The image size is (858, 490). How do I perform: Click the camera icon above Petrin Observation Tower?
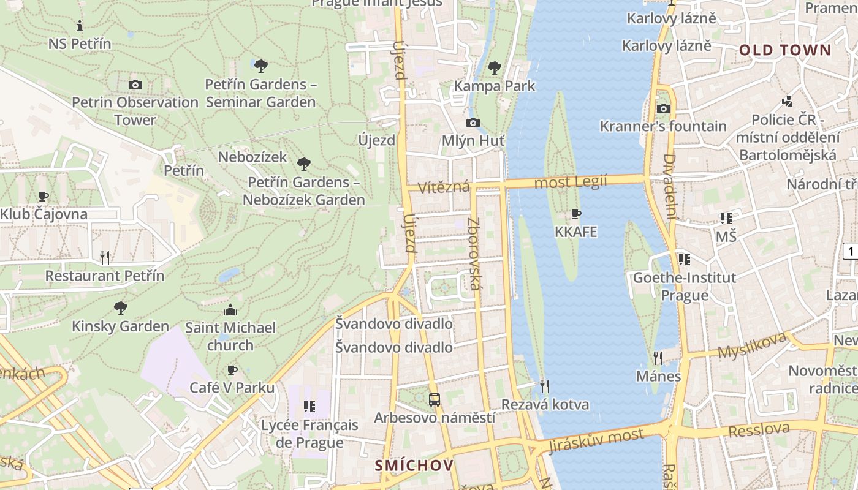tap(135, 85)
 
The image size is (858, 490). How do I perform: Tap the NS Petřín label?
tap(80, 44)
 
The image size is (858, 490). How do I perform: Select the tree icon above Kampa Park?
tap(495, 67)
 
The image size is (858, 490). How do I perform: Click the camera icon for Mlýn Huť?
tap(473, 123)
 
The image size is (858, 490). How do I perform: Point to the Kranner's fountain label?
tap(663, 126)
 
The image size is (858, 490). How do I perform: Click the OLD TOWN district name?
tap(784, 50)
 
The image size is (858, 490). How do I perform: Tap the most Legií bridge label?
tap(570, 182)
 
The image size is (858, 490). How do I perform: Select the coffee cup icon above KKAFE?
tap(575, 214)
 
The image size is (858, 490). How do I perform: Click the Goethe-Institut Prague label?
tap(684, 286)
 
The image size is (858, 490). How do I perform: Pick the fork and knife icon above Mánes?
tap(658, 357)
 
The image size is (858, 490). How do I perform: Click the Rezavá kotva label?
tap(545, 404)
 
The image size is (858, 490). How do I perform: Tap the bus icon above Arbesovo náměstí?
tap(435, 400)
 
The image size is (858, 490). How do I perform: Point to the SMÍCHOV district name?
tap(414, 465)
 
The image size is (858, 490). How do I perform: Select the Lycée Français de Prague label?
tap(309, 433)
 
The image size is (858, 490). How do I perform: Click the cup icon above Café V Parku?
tap(232, 370)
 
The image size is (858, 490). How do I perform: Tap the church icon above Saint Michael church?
tap(230, 310)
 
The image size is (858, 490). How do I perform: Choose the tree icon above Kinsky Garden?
tap(121, 307)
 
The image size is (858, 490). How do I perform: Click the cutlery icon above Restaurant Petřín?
tap(105, 257)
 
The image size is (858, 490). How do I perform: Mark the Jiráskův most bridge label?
tap(596, 440)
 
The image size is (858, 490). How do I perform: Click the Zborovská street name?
tap(473, 254)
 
